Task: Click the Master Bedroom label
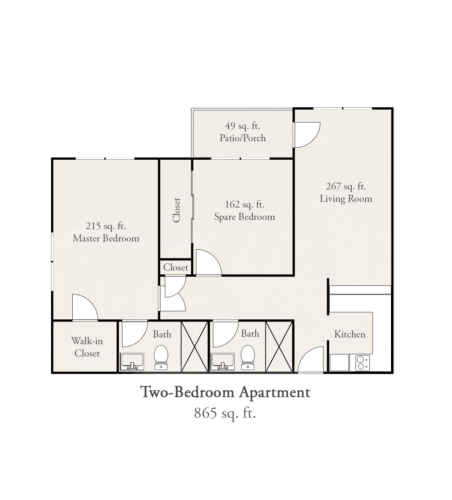click(x=106, y=239)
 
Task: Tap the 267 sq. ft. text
click(x=346, y=187)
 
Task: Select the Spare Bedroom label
click(x=245, y=217)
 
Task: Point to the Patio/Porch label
click(x=242, y=138)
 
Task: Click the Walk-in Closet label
click(x=87, y=347)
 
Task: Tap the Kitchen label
click(x=350, y=334)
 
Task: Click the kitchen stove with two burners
click(x=360, y=363)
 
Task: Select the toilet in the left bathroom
click(x=161, y=357)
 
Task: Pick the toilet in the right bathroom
click(x=247, y=357)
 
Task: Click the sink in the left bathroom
click(x=132, y=362)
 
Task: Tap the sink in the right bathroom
click(x=223, y=362)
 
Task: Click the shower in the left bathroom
click(x=194, y=346)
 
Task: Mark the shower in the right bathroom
click(x=279, y=346)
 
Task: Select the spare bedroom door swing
click(x=214, y=259)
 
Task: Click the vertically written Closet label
click(x=176, y=210)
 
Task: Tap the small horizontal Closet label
click(x=176, y=267)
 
